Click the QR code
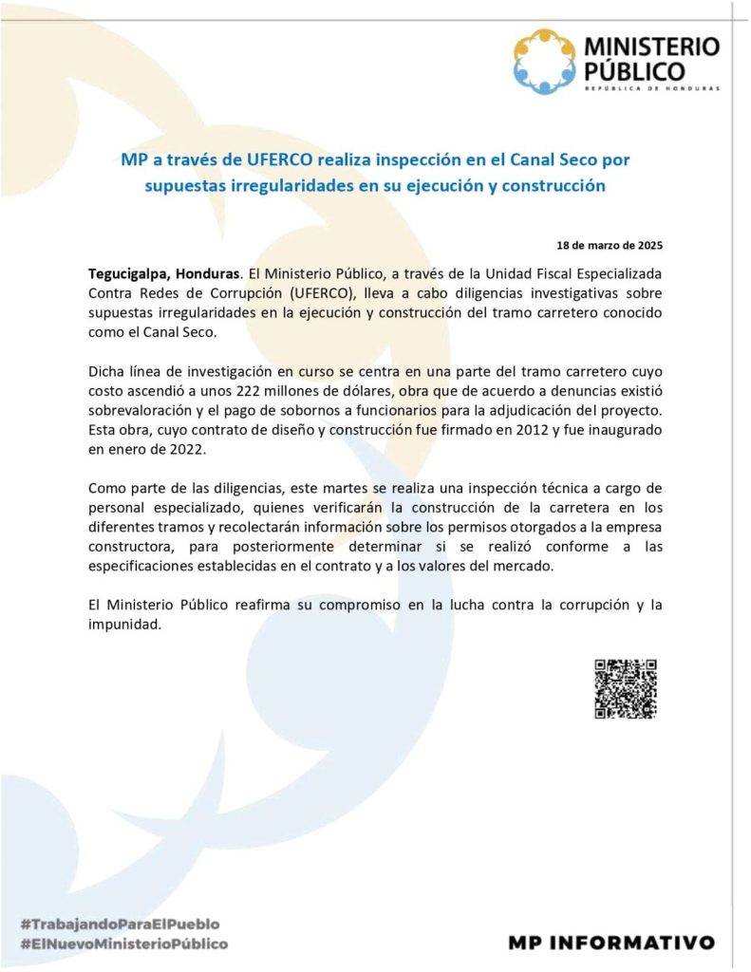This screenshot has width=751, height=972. click(626, 688)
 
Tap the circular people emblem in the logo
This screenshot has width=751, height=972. click(544, 62)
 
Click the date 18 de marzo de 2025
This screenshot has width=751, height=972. click(615, 245)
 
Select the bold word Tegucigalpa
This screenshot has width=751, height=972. click(133, 272)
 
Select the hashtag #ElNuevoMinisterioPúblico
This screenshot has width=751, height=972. click(123, 944)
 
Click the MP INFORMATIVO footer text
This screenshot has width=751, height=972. click(610, 943)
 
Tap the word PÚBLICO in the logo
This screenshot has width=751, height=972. click(634, 70)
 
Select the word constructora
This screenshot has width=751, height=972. click(129, 548)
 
